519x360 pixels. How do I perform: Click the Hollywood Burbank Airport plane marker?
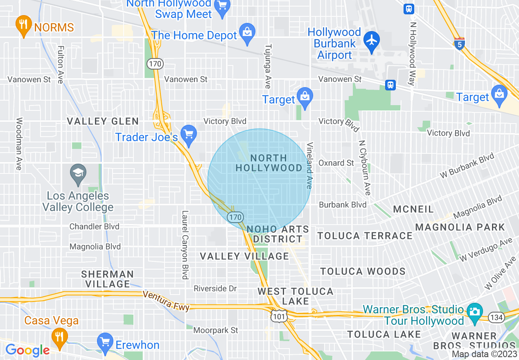click(x=372, y=40)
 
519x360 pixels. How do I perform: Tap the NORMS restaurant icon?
click(x=23, y=24)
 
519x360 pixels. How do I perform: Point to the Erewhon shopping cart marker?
click(x=105, y=342)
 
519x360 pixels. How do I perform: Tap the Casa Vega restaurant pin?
click(x=60, y=337)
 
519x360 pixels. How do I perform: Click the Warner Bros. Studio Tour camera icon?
click(x=474, y=311)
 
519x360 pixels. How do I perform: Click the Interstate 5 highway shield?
click(x=459, y=43)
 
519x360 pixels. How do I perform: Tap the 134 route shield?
click(x=497, y=317)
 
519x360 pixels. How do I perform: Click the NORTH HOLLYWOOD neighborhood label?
click(x=269, y=163)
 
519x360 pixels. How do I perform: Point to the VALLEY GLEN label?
click(x=103, y=121)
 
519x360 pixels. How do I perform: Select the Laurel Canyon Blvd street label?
click(x=185, y=245)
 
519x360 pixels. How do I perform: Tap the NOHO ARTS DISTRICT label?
click(x=278, y=234)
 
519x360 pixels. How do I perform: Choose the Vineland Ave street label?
click(x=309, y=165)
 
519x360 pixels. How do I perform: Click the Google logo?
click(x=27, y=350)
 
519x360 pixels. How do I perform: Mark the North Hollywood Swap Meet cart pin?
click(x=223, y=7)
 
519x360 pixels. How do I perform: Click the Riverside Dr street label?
click(x=215, y=288)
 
